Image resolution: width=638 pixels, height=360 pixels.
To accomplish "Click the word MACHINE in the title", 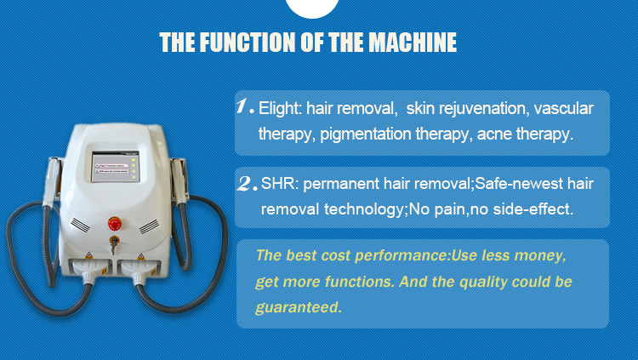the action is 413,42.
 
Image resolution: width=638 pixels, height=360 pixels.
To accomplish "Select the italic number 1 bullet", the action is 244,106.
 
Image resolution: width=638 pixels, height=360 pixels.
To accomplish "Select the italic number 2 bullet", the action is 247,184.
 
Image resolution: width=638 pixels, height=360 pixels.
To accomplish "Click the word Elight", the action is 281,109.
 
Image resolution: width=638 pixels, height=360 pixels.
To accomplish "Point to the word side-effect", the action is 533,209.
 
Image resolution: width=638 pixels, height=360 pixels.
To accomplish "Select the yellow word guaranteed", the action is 299,307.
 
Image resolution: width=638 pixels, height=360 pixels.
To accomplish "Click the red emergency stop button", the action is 115,224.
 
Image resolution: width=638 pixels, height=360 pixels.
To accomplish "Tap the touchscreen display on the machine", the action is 115,167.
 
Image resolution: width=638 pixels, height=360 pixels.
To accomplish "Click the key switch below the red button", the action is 114,242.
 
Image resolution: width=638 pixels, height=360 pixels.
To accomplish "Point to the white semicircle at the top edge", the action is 312,9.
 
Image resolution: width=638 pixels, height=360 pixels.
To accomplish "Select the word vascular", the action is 563,109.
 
